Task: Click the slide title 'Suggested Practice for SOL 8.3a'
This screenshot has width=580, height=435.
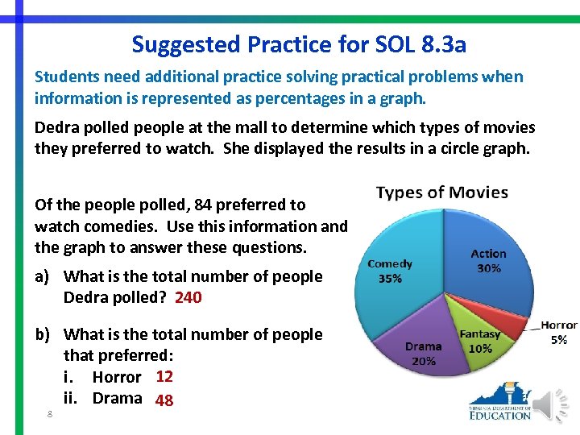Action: tap(299, 43)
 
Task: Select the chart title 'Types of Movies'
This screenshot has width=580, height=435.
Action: tap(441, 193)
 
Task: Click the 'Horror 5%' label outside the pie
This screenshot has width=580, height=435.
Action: tap(558, 333)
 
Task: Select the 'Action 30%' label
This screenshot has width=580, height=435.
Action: tap(488, 261)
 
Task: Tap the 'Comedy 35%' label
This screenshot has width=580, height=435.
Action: tap(390, 271)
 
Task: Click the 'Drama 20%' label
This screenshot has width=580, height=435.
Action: tap(423, 354)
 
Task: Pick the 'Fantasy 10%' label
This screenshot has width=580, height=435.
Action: tap(480, 342)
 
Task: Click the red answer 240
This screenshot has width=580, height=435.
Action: tap(188, 297)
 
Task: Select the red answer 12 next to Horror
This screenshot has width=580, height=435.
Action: tap(164, 376)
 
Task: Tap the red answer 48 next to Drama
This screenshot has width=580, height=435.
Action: tap(164, 400)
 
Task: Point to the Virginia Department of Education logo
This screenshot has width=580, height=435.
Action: tap(499, 403)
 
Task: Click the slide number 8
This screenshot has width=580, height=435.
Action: tap(50, 414)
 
